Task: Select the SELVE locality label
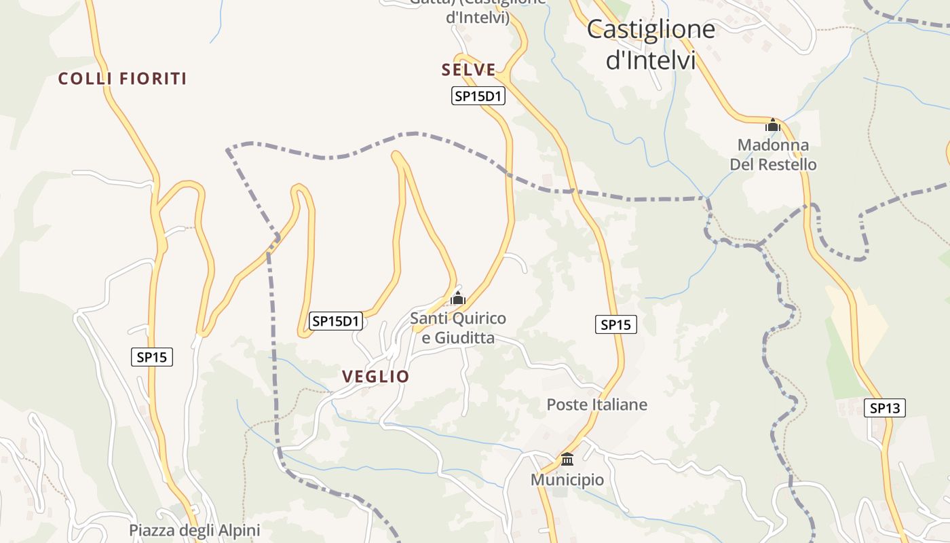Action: tap(468, 70)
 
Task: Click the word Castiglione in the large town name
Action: tap(651, 29)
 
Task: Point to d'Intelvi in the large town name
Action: tap(651, 60)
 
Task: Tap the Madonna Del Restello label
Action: tap(773, 155)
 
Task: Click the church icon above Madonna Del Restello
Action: tap(773, 125)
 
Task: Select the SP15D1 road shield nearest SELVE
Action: tap(478, 96)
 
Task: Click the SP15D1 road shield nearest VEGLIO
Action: tap(335, 321)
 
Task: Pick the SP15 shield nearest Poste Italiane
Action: tap(616, 325)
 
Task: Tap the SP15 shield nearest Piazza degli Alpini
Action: tap(152, 357)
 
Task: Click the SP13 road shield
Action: tap(885, 408)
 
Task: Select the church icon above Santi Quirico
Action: tap(458, 298)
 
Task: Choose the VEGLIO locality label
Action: tap(375, 377)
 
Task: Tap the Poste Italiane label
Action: tap(597, 405)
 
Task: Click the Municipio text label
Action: tap(567, 480)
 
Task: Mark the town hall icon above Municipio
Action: tap(567, 459)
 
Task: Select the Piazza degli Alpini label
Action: tap(195, 530)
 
